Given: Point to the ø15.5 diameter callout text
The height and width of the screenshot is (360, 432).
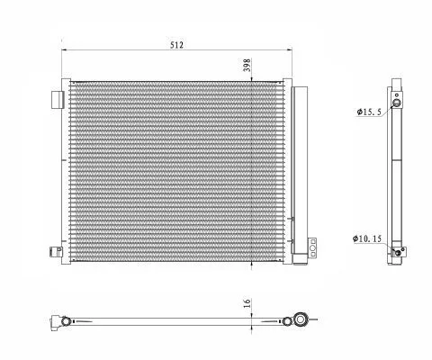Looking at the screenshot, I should pos(370,112).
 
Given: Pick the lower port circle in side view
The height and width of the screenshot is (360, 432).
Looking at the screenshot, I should pos(397,254).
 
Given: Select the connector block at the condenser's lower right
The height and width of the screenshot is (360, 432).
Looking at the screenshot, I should pos(311,247).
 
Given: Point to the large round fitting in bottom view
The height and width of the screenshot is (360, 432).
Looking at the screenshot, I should pos(299,319).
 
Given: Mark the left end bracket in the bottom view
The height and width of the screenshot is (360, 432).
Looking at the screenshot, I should pos(61,319).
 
